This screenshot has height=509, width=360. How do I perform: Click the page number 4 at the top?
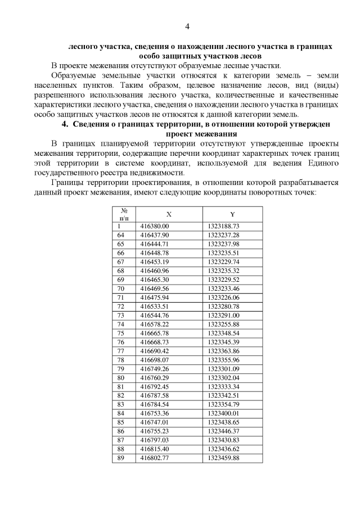(x=187, y=26)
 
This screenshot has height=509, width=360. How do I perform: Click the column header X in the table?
(x=169, y=214)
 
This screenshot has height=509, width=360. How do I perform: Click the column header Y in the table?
(x=232, y=214)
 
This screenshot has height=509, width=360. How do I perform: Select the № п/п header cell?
(x=124, y=214)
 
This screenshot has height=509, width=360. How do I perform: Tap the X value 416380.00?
(x=155, y=226)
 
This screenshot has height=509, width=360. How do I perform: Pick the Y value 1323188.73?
(x=223, y=226)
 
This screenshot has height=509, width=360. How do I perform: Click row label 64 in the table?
(x=120, y=235)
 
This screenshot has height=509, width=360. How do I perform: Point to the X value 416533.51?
(x=155, y=307)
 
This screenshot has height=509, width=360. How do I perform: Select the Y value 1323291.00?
(x=223, y=316)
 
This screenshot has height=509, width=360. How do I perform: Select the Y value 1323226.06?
(x=223, y=298)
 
